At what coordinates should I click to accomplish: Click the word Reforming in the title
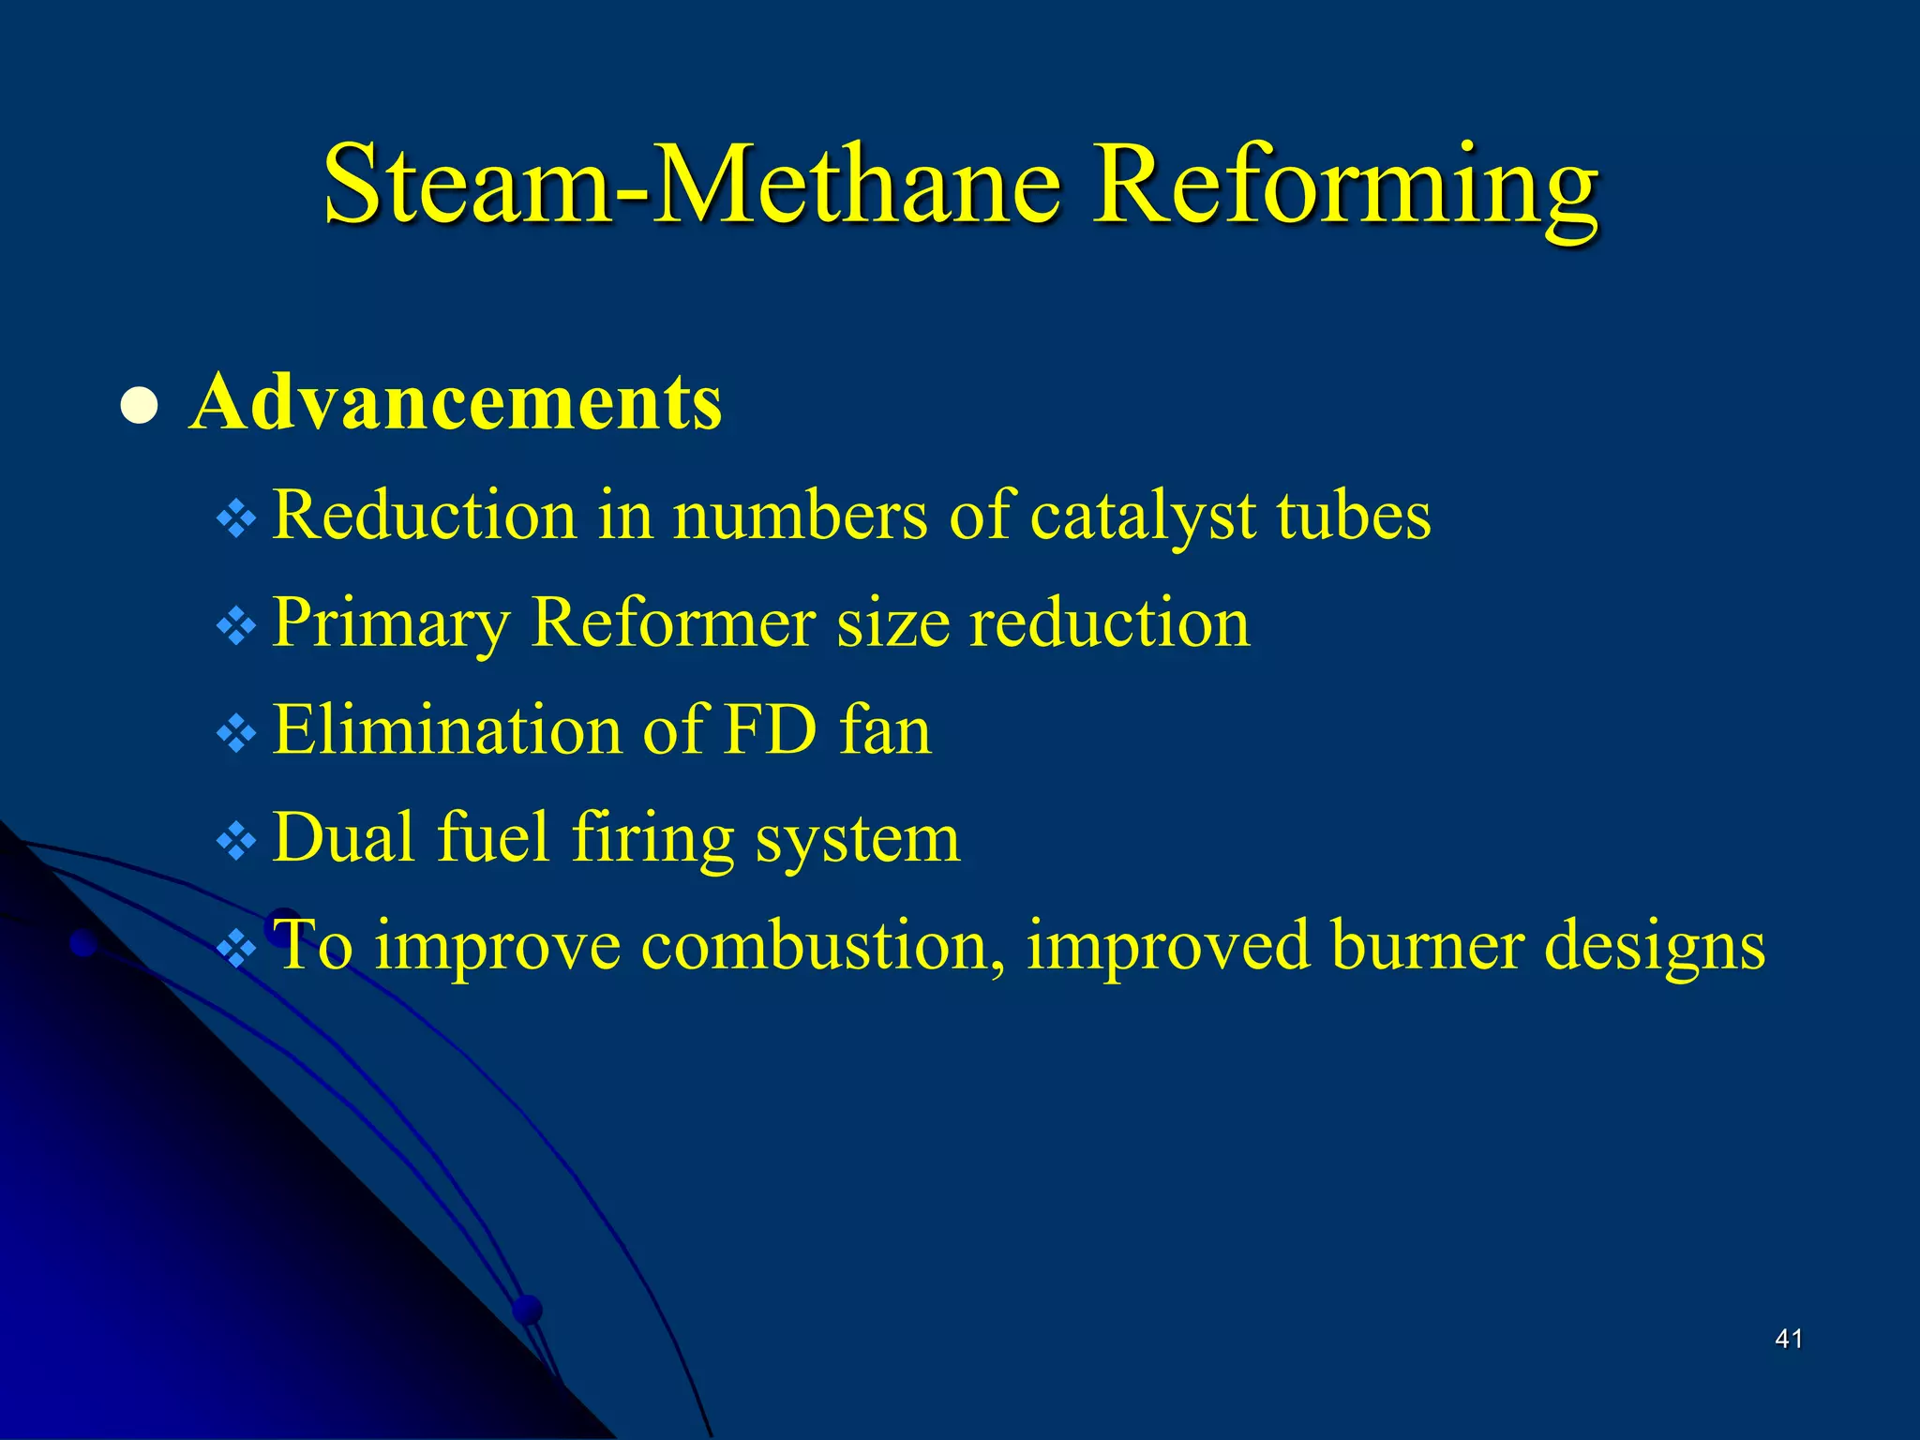click(1347, 187)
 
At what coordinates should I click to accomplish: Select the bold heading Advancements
click(456, 402)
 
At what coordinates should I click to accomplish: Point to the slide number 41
click(1789, 1339)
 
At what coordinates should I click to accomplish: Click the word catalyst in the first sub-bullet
click(1144, 517)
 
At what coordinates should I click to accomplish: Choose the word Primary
click(391, 624)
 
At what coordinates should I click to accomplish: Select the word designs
click(1655, 947)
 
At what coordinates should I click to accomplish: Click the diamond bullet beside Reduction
click(236, 518)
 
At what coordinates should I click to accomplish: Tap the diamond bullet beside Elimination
click(236, 733)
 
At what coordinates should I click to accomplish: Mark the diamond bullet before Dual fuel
click(236, 841)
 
